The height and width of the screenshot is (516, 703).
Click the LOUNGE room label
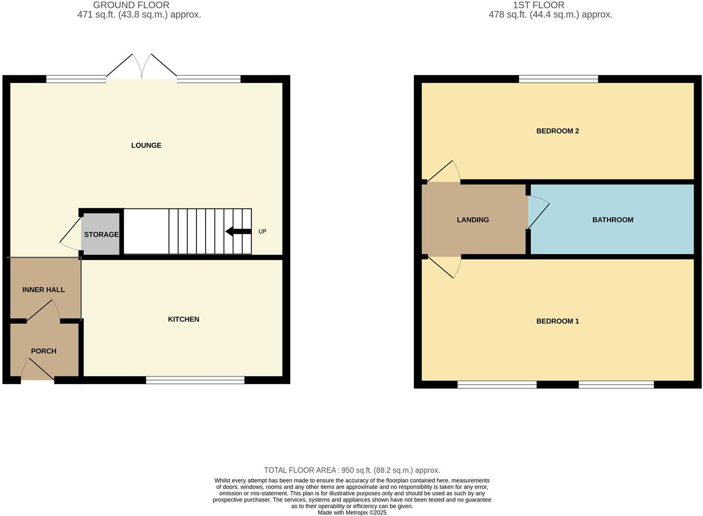(146, 145)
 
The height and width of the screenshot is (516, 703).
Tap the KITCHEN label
(183, 319)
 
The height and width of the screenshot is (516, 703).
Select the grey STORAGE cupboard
(101, 234)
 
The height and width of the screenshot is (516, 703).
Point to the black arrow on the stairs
(238, 231)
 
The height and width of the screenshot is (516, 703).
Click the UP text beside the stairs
(262, 231)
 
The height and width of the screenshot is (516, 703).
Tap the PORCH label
(44, 351)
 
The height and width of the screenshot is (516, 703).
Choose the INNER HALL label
(44, 290)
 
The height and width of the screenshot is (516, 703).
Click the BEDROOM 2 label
(558, 131)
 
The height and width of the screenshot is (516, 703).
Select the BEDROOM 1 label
(558, 321)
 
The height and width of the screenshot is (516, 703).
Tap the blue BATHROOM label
(613, 220)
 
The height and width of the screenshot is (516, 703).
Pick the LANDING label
(473, 220)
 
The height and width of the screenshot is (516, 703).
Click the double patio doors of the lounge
(141, 67)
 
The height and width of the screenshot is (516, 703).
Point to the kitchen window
(195, 380)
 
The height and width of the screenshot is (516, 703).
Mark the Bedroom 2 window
(559, 78)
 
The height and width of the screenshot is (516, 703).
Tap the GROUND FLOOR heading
(131, 5)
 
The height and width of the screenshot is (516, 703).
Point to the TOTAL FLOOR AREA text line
(351, 470)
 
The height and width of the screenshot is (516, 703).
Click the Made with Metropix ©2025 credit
(351, 513)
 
